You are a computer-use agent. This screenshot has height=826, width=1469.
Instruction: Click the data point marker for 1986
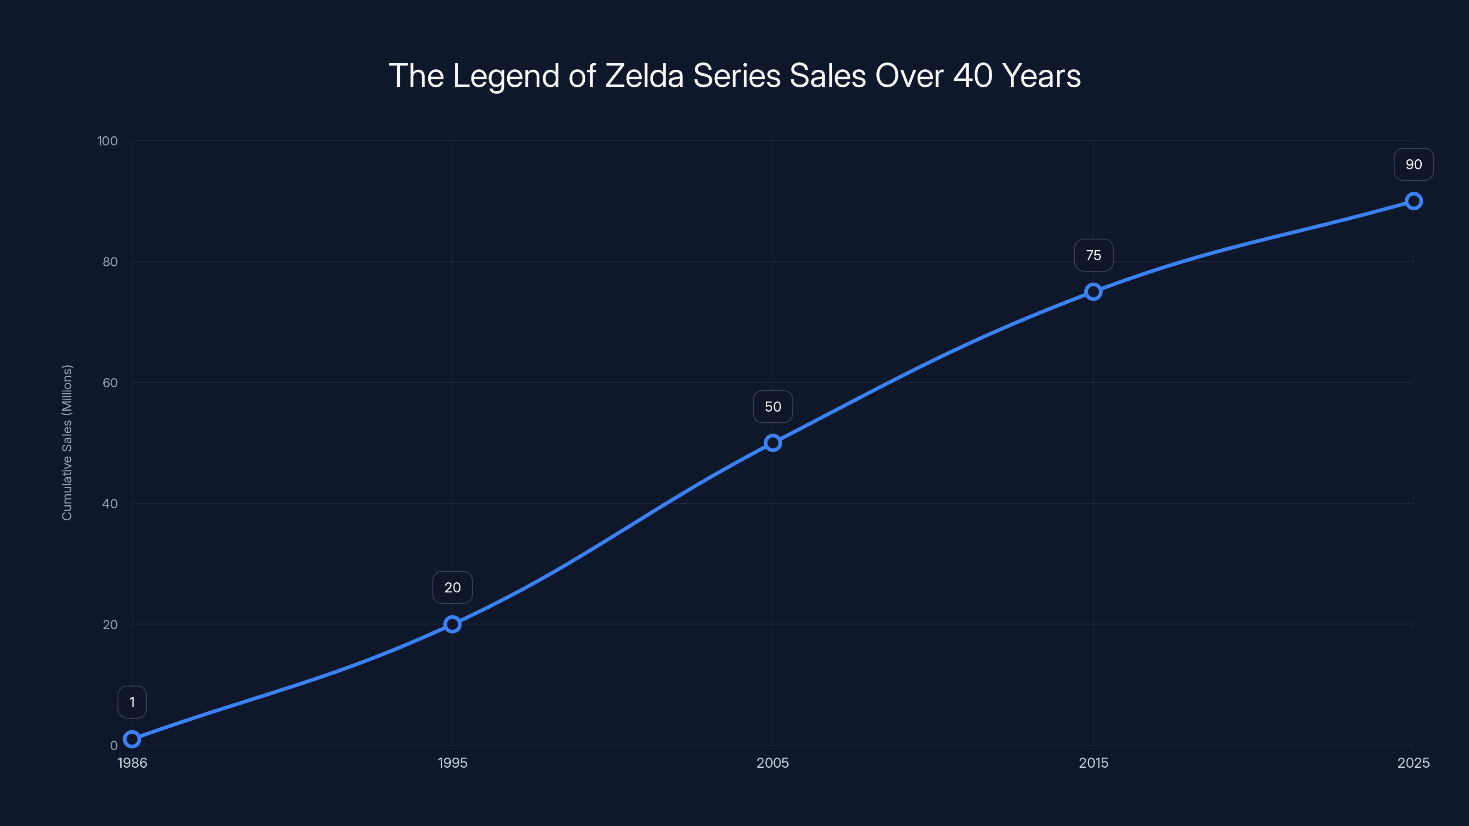click(x=132, y=739)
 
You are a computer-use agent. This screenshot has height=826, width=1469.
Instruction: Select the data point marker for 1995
click(x=452, y=624)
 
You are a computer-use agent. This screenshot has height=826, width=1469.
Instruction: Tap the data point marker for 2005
click(x=773, y=443)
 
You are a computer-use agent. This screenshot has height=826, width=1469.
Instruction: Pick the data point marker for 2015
click(x=1093, y=292)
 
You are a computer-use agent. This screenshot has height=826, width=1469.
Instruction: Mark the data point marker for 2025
click(x=1414, y=201)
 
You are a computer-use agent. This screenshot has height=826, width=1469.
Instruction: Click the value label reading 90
click(x=1414, y=164)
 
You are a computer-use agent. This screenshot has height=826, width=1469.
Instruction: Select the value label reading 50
click(x=773, y=407)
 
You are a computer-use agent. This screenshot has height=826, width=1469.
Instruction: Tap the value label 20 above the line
click(x=452, y=587)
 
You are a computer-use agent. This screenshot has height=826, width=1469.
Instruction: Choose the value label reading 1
click(x=132, y=702)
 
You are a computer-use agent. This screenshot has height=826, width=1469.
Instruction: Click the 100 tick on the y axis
click(x=107, y=141)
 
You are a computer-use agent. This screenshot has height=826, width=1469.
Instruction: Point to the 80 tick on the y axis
click(x=110, y=262)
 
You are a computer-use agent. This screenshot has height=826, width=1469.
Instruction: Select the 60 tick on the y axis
click(x=110, y=383)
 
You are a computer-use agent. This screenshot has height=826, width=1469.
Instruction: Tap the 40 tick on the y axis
click(x=110, y=503)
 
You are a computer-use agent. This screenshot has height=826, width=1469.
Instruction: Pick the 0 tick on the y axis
click(x=114, y=745)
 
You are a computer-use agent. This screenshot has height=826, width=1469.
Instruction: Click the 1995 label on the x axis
click(x=452, y=763)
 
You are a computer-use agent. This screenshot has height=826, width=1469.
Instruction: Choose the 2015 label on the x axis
click(x=1093, y=763)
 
